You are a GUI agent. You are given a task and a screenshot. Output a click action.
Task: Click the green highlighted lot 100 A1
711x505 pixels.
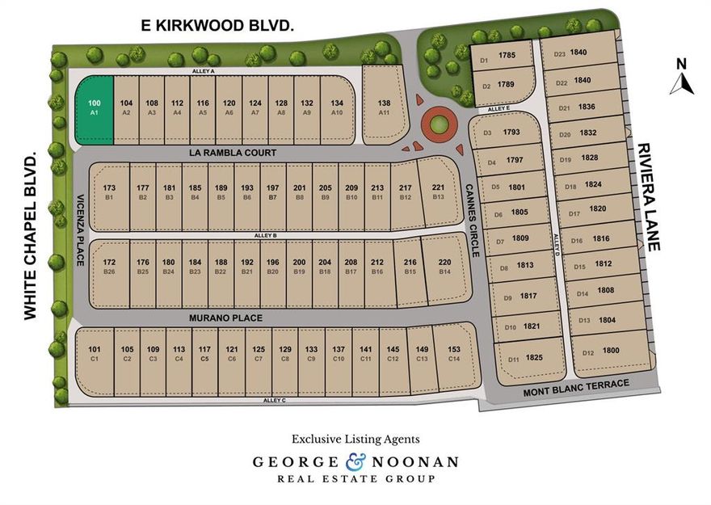click(x=94, y=109)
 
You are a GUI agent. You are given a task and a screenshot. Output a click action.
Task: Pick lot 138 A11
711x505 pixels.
click(x=384, y=107)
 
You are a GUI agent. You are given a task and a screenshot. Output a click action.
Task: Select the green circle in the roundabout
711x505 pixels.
click(x=437, y=125)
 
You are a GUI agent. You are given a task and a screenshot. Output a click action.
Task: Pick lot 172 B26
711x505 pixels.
click(x=110, y=267)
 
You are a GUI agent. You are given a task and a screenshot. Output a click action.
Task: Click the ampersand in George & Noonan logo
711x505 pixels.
click(x=355, y=462)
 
